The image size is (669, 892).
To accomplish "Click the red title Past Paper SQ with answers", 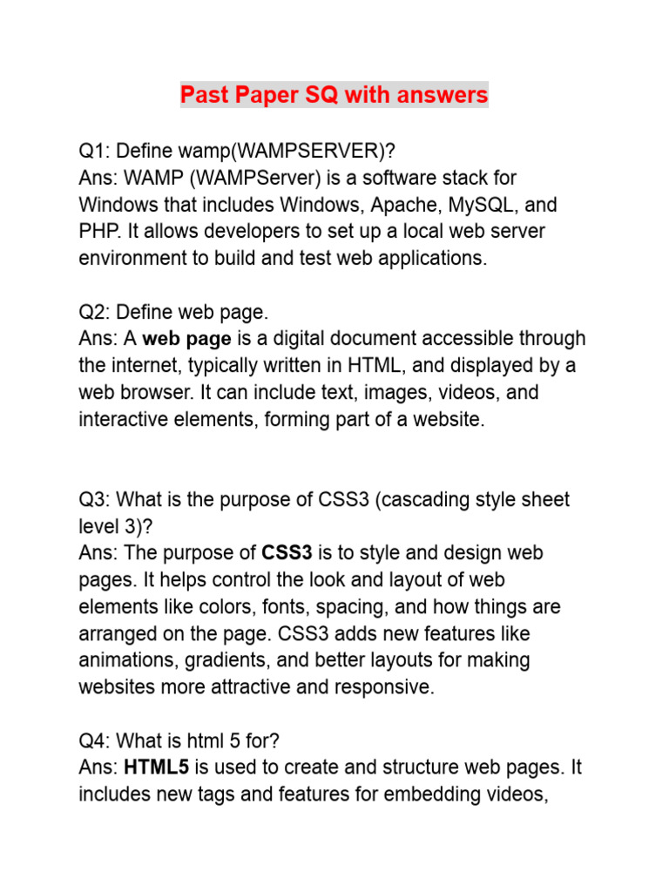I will coord(334,94).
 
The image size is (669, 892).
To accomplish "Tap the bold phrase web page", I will coord(186,338).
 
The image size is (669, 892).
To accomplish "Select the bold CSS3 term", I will coord(287,552).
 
